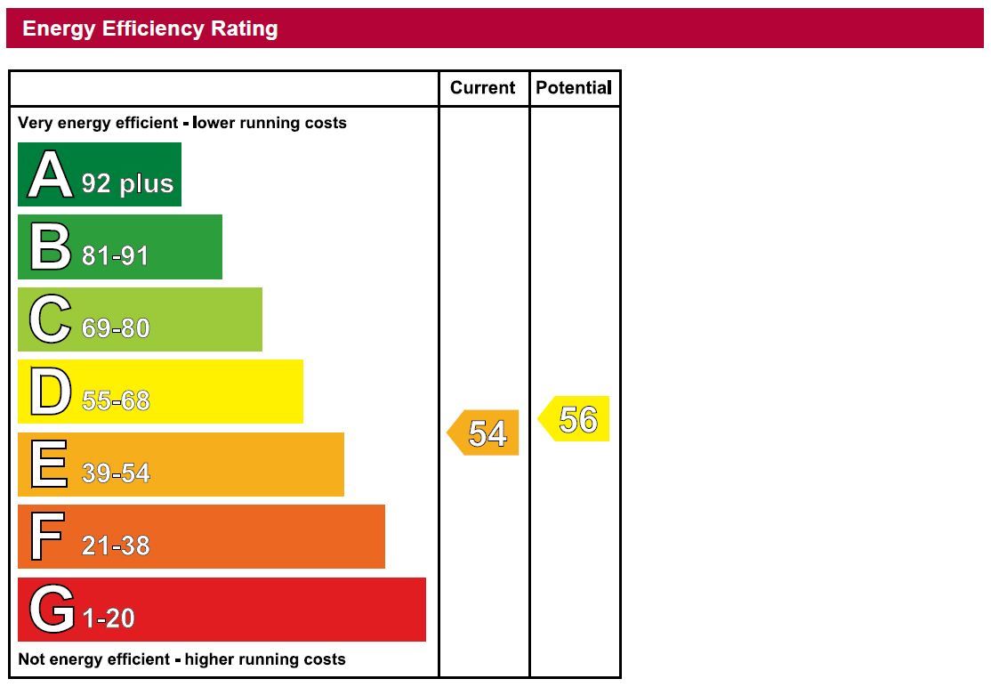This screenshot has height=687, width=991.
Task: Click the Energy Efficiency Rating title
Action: [149, 28]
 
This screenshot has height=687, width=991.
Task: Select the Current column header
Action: [482, 87]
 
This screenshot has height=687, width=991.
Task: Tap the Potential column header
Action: [573, 87]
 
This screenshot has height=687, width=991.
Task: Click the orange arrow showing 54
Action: [483, 433]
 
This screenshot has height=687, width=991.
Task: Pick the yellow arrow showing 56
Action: [575, 419]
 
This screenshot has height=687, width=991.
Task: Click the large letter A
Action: [50, 175]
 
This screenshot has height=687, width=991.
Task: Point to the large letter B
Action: [50, 247]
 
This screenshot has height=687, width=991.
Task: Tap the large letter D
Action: [50, 392]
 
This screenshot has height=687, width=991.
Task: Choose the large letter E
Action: [48, 465]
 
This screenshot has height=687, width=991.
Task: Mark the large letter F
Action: [47, 537]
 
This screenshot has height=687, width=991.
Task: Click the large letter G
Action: [51, 610]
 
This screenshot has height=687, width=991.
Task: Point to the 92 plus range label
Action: [127, 183]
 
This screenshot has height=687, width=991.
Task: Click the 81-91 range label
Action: [116, 256]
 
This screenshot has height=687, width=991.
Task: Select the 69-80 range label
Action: [116, 328]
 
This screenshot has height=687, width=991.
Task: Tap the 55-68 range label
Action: [116, 401]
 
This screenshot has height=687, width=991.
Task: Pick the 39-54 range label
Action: [116, 473]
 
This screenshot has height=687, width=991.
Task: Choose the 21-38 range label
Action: [116, 546]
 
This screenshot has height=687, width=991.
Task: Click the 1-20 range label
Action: [109, 618]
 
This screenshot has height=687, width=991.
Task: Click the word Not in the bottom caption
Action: [31, 659]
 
